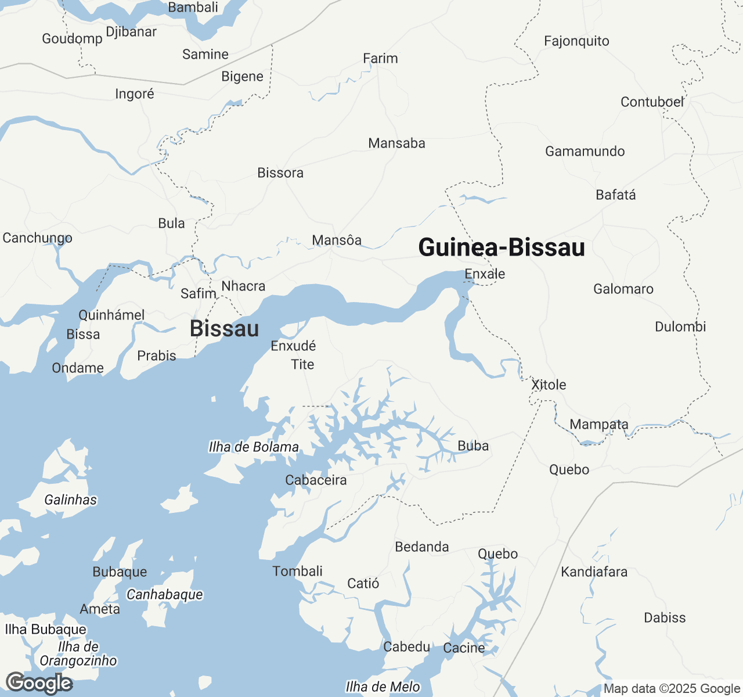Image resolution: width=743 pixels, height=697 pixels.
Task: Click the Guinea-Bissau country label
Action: [x=502, y=247]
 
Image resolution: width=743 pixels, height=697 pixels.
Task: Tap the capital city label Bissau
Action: [x=224, y=329]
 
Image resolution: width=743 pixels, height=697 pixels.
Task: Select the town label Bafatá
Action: [x=616, y=195]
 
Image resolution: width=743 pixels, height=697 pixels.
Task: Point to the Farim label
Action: [x=380, y=59]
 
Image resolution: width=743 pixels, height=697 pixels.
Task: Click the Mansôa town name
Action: [x=337, y=240]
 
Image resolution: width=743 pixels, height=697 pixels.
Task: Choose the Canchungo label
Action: [x=38, y=238]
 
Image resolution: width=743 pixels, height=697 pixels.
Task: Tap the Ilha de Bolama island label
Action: [x=254, y=447]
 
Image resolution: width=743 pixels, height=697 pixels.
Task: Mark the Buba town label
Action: [x=473, y=446]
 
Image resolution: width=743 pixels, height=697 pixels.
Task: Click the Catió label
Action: [x=363, y=584]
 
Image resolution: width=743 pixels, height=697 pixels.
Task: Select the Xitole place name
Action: [x=549, y=385]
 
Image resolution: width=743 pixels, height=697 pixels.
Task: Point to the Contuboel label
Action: [x=652, y=102]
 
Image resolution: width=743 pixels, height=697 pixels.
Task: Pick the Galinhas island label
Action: [x=71, y=500]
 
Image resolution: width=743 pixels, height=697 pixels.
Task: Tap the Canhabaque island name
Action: [x=165, y=595]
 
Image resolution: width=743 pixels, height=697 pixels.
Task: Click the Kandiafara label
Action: [x=594, y=572]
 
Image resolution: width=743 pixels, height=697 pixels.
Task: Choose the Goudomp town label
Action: [x=72, y=39]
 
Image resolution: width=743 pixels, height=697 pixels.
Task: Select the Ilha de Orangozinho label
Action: [x=78, y=654]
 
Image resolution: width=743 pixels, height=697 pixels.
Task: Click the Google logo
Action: [x=39, y=684]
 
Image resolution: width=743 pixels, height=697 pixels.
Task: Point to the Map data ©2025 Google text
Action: [x=672, y=689]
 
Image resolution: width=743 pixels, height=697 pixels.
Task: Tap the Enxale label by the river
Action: [x=485, y=274]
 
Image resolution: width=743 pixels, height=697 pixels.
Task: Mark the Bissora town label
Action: [x=280, y=173]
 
